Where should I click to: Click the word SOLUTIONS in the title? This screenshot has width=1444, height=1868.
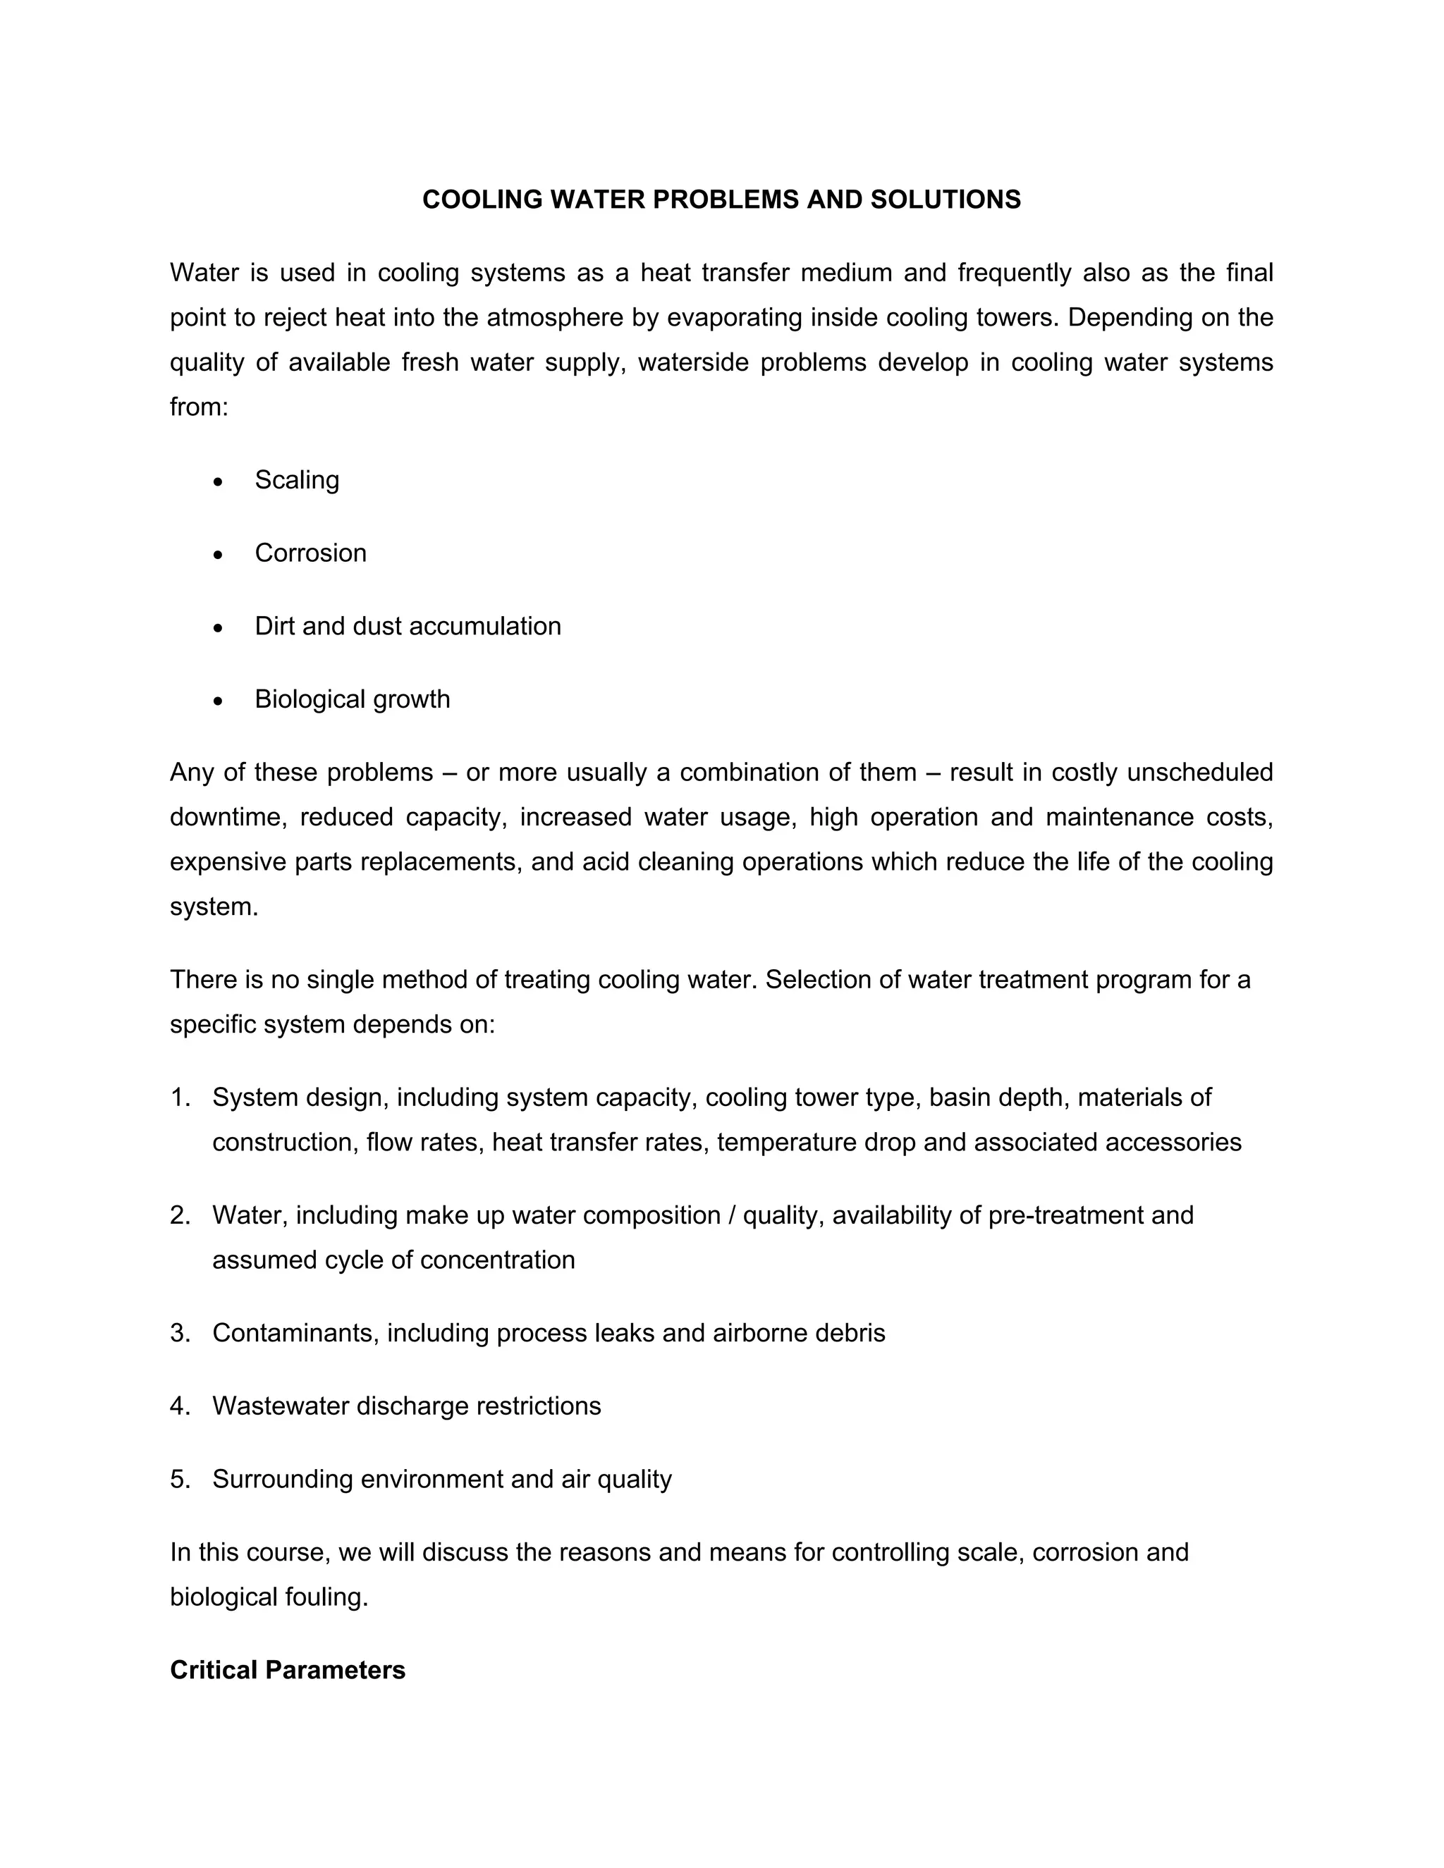[x=946, y=199]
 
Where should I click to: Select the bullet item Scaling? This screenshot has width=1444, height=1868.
[x=297, y=480]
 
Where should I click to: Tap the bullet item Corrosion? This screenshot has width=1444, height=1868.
[x=310, y=553]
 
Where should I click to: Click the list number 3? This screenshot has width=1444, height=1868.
[x=179, y=1332]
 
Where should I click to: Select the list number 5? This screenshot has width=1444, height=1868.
[x=179, y=1479]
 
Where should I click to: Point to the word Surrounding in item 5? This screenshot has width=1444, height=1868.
[x=283, y=1479]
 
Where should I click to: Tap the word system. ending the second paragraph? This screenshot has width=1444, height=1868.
[x=214, y=907]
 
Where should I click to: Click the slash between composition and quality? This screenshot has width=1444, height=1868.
[x=731, y=1215]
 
